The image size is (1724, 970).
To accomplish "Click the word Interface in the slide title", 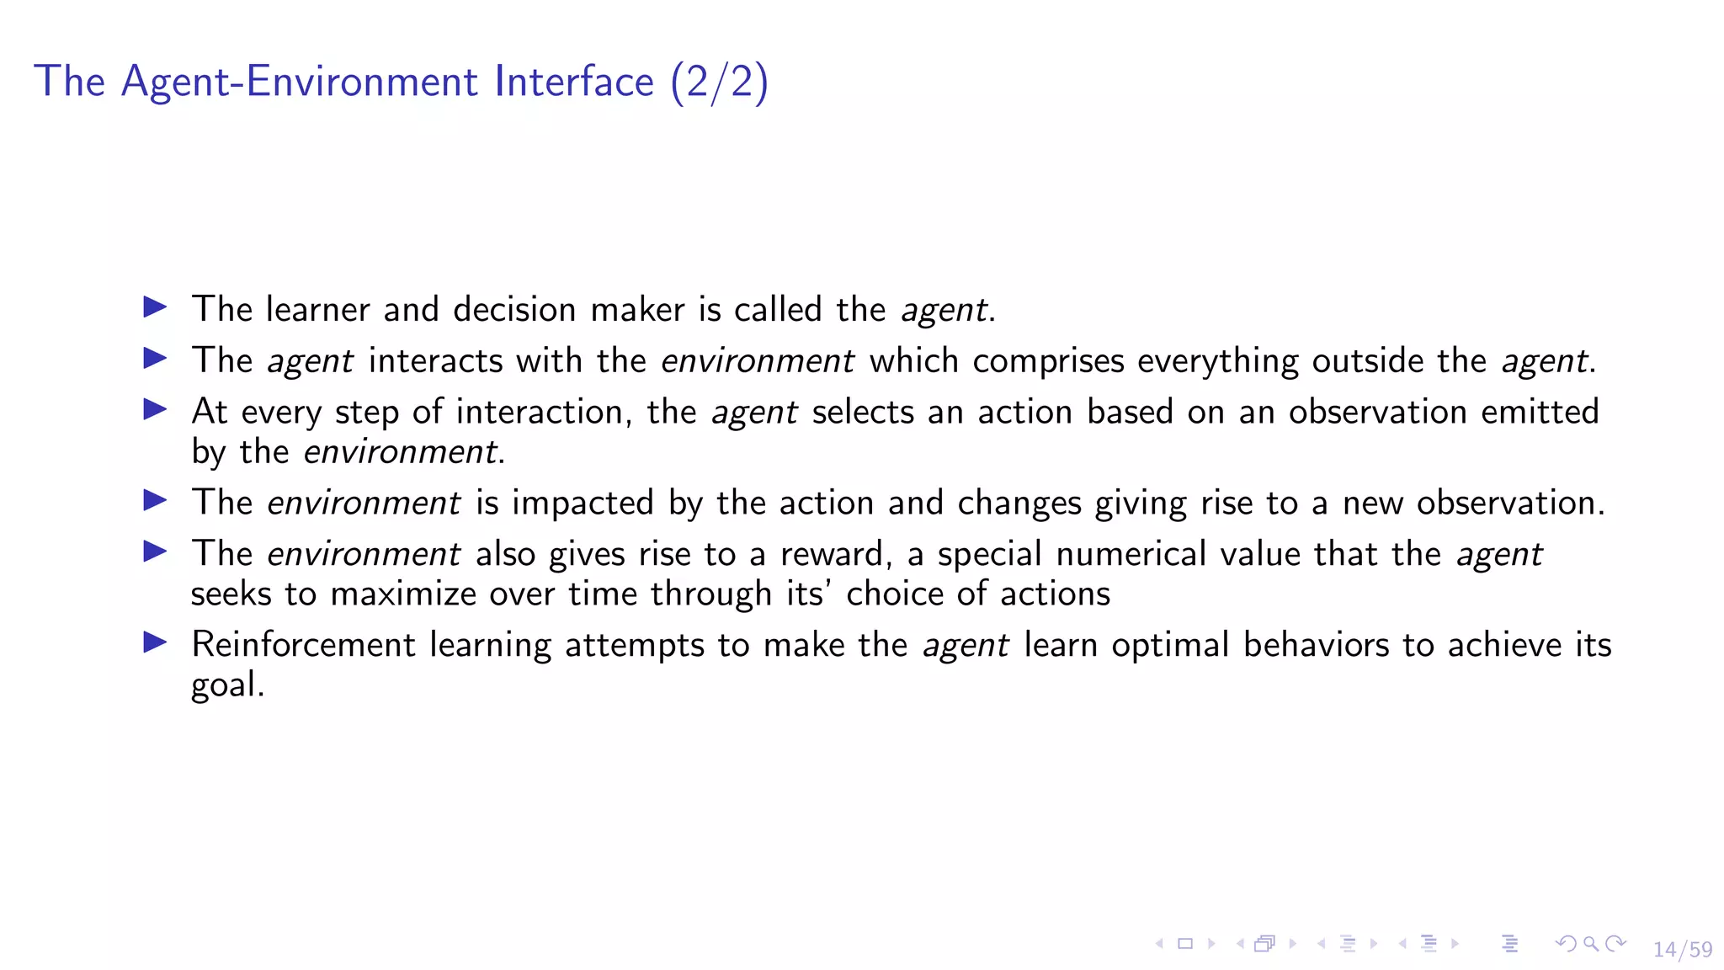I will point(574,82).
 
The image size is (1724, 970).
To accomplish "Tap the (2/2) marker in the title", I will point(719,83).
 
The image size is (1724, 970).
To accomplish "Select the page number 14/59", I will point(1682,950).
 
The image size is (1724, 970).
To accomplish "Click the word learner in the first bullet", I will point(317,309).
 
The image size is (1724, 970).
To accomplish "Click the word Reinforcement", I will point(304,645).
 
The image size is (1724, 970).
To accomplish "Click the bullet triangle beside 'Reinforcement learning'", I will point(155,643).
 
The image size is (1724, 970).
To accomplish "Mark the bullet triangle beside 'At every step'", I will point(155,410).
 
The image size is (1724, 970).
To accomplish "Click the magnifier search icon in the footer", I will point(1590,943).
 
